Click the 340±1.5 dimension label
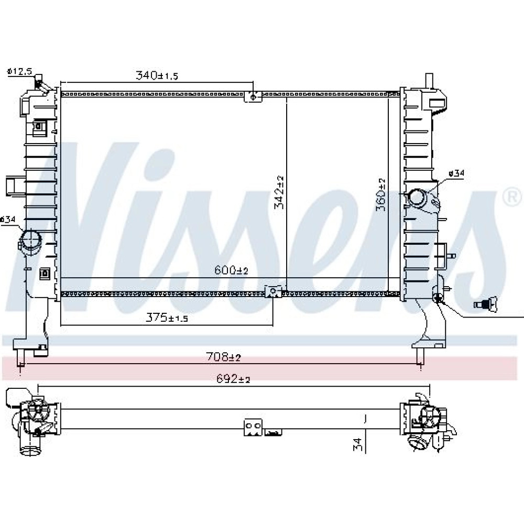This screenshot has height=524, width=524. click(x=157, y=75)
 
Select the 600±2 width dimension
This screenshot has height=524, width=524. click(x=231, y=270)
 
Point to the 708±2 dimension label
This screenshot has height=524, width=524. click(x=224, y=357)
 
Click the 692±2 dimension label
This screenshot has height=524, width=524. click(x=233, y=379)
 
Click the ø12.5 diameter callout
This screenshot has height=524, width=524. click(x=20, y=71)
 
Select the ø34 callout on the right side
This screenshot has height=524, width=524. click(x=456, y=173)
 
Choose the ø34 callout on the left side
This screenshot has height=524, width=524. click(x=8, y=220)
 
